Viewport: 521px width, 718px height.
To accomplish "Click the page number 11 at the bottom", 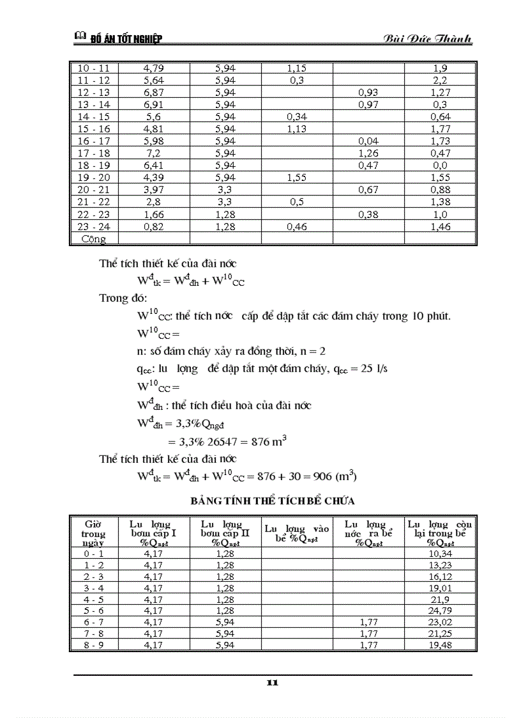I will point(273,683).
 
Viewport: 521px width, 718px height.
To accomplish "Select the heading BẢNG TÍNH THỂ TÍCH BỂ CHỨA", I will point(273,500).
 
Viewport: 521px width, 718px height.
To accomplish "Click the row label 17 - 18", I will point(94,153).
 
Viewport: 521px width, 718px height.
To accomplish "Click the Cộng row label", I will point(93,238).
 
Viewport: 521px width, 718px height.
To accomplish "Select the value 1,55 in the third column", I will point(297,177).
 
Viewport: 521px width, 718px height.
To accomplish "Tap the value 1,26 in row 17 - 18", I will point(368,153).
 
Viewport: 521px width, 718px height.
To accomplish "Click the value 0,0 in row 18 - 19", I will point(440,165).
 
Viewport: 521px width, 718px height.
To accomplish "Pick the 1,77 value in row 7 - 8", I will point(368,633).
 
